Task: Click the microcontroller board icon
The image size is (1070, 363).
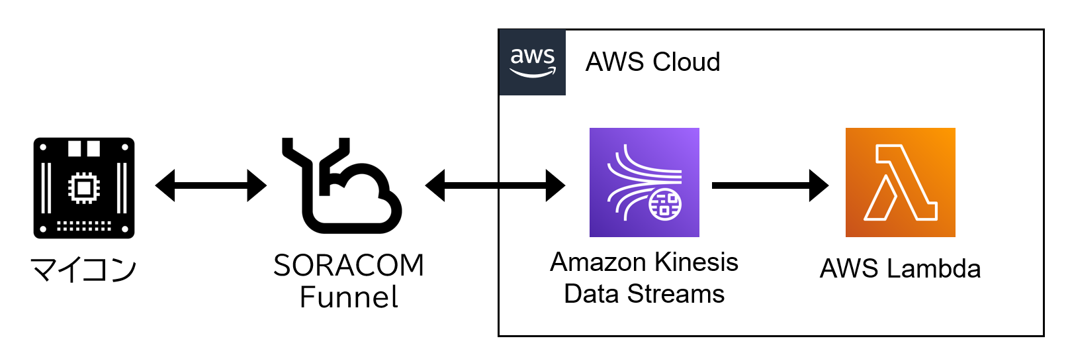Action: [84, 187]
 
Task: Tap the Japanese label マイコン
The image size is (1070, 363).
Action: [83, 270]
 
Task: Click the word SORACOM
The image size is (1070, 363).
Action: [349, 266]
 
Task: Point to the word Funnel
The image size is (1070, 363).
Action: [349, 297]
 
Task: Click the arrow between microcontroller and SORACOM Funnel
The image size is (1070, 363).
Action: [210, 185]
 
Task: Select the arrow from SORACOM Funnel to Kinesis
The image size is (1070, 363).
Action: [495, 185]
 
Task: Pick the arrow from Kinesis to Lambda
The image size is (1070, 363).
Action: [770, 185]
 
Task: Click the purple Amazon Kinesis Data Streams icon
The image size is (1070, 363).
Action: [644, 182]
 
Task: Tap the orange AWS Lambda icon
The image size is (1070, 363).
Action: [900, 182]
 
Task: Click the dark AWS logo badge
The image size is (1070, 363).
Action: [532, 62]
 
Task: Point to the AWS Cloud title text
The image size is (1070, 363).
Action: [652, 62]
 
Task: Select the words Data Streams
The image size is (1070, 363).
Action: [644, 293]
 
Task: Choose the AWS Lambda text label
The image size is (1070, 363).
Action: [900, 269]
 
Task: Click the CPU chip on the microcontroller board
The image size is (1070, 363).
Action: [83, 188]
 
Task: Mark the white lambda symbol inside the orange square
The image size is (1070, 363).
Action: [900, 183]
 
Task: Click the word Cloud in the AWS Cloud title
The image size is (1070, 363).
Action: [687, 62]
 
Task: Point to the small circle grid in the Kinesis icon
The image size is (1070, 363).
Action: [665, 204]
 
